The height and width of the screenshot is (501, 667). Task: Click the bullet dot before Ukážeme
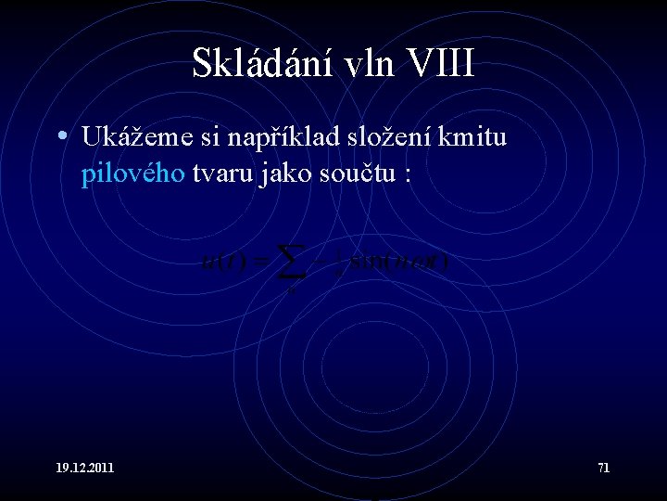60,137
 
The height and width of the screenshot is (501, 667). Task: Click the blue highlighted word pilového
132,175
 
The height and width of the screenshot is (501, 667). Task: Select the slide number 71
603,468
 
